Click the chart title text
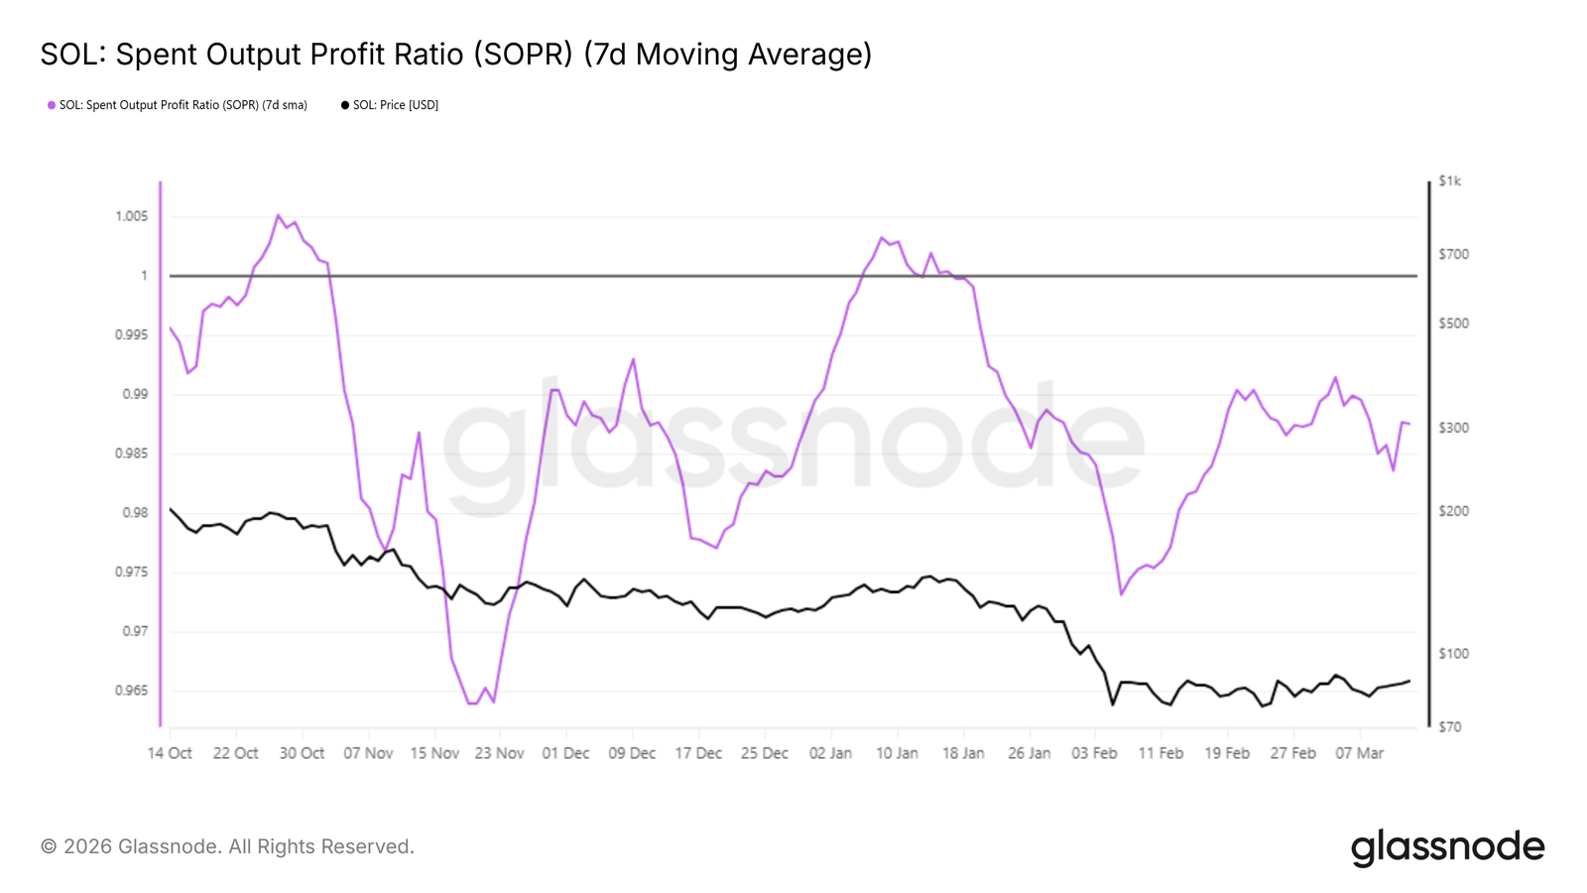[x=455, y=55]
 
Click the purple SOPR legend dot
[x=52, y=105]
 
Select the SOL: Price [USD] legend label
[x=395, y=105]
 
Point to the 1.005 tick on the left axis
[x=131, y=216]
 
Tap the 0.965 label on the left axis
[x=131, y=691]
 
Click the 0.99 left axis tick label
[x=135, y=394]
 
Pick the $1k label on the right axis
[x=1449, y=182]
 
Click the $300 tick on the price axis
[x=1453, y=428]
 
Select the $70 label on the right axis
[x=1449, y=727]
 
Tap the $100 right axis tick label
[x=1453, y=654]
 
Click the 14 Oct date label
[x=170, y=753]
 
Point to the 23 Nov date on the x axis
[x=499, y=753]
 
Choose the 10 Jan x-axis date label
[x=897, y=753]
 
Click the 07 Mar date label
[x=1359, y=753]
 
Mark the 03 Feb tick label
[x=1094, y=753]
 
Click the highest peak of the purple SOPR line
[x=278, y=215]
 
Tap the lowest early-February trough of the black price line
[x=1113, y=704]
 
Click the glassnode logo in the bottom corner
[x=1447, y=847]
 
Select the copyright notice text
[x=227, y=846]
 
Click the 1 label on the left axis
[x=144, y=276]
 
